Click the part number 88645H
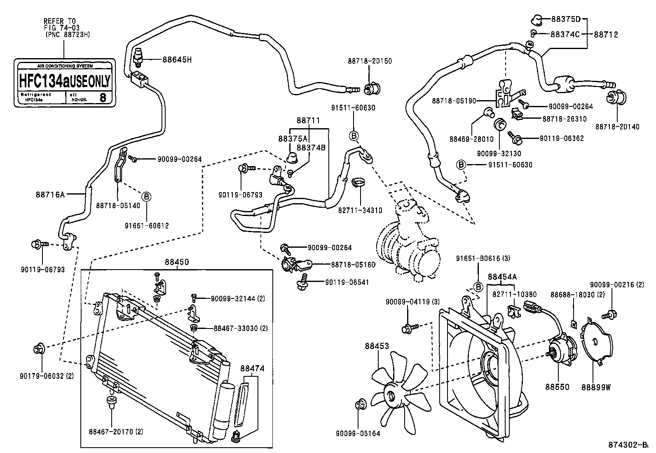[177, 60]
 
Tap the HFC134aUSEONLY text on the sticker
[65, 81]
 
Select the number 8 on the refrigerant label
[103, 98]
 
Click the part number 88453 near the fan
[376, 347]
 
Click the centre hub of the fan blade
[390, 393]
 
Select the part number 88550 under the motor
[557, 387]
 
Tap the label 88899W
[596, 387]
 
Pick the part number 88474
[252, 369]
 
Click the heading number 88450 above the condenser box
[177, 262]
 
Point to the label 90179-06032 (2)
[47, 376]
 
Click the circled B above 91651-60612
[147, 196]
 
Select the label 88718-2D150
[370, 61]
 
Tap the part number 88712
[606, 35]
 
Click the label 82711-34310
[360, 211]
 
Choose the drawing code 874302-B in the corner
[628, 445]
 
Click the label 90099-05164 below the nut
[358, 433]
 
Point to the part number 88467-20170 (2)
[116, 432]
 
